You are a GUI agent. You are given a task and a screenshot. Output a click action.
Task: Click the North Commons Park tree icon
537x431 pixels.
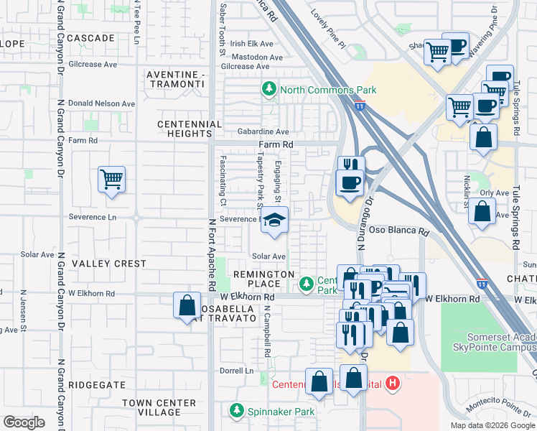(269, 90)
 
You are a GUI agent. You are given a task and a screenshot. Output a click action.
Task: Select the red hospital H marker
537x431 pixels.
(391, 383)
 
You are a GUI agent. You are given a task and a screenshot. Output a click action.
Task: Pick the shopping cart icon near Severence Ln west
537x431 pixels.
(111, 178)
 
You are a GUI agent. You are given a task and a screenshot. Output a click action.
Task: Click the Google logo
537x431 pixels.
(24, 422)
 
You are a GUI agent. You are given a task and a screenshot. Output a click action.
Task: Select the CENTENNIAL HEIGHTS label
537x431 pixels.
(190, 129)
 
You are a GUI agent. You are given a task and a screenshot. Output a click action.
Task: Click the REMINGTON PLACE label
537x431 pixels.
(263, 279)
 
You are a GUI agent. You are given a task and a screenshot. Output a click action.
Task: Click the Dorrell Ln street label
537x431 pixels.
(237, 371)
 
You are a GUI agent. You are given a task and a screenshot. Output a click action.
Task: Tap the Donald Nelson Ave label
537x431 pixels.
(106, 103)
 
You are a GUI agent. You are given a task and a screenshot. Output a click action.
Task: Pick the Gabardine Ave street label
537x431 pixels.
(265, 132)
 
